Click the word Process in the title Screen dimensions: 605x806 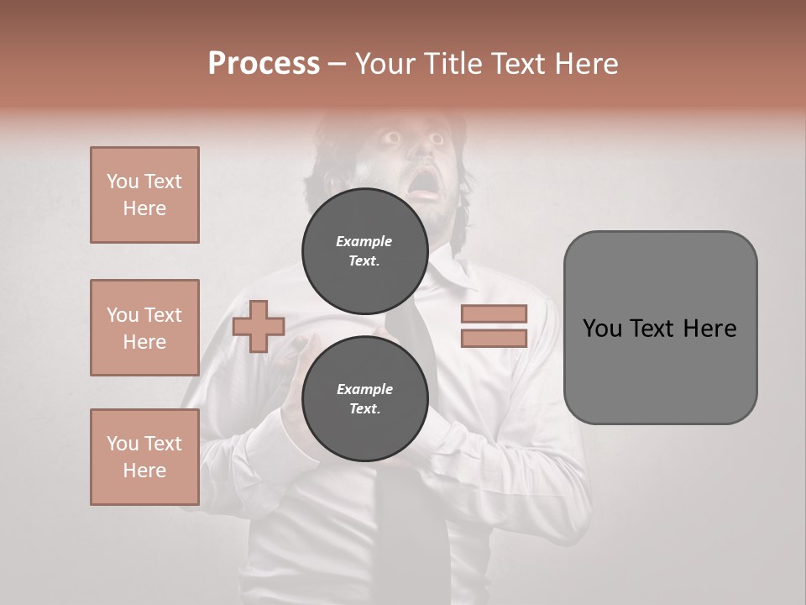[264, 64]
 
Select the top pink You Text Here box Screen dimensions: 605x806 [144, 195]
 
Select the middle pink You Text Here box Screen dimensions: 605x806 [144, 328]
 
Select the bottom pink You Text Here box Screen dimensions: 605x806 [144, 457]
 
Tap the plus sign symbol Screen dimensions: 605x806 [259, 326]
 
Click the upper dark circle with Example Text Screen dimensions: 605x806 [364, 251]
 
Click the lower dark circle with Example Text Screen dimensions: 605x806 [364, 399]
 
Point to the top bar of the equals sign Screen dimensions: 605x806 [494, 314]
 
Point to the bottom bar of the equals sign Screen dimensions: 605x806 [494, 339]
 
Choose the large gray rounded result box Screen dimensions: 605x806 [660, 328]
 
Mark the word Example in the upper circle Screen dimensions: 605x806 [364, 241]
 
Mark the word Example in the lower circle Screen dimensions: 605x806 [364, 389]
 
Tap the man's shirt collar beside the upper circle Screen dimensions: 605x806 [449, 277]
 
